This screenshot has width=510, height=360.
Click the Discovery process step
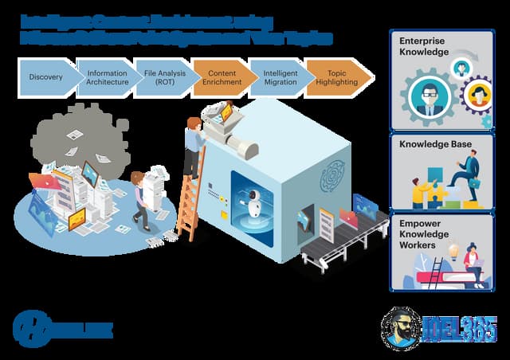coord(46,77)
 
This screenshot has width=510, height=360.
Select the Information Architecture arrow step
coord(107,77)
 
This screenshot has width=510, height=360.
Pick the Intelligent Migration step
coord(280,77)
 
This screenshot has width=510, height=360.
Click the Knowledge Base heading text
coord(436,144)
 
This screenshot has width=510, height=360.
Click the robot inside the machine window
coord(254,202)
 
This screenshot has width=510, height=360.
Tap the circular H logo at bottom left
coord(30,328)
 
